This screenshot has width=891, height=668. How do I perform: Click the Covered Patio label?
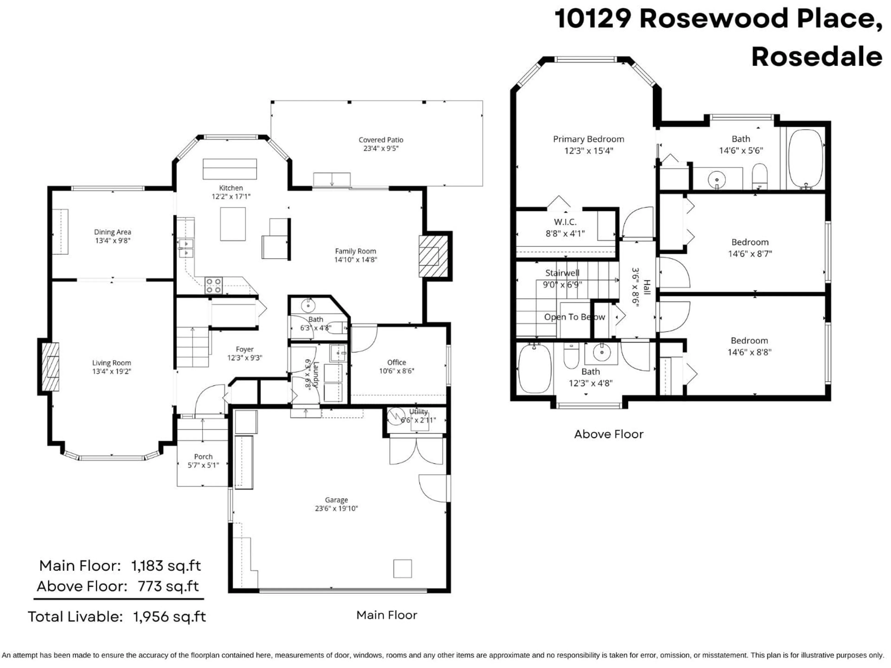coord(381,140)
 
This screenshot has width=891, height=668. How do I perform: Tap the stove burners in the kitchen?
coord(213,285)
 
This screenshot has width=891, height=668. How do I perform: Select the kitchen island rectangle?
coord(232,224)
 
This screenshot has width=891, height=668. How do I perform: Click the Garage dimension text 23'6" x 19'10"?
coord(336,508)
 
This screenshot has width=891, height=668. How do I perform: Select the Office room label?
coord(396,362)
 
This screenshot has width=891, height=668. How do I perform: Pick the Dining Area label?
coord(112,232)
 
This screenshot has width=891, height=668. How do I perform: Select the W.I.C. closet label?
coord(565,222)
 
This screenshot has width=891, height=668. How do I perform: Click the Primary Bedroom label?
coord(588,139)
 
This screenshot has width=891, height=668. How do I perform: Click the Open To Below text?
coord(575,317)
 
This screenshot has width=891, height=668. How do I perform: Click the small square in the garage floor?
coord(402,568)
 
